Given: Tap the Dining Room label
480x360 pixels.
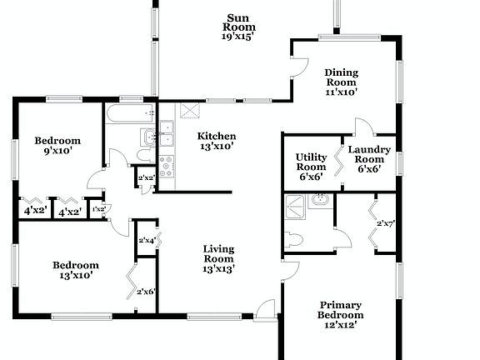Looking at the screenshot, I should (341, 82).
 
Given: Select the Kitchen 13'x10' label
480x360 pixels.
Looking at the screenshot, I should (216, 141).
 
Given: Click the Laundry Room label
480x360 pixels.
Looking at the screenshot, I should (365, 159).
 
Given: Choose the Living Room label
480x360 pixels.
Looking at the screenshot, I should (218, 258).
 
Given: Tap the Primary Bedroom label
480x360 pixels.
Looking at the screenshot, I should (340, 311).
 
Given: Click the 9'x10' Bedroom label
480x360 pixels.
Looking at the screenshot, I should (57, 145).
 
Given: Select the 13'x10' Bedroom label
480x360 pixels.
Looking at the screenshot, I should (76, 270).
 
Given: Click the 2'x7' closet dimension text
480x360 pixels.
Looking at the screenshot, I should (385, 223).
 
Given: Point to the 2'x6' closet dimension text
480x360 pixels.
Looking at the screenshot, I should (146, 291).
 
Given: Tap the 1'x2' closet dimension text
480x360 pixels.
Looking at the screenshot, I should (98, 209).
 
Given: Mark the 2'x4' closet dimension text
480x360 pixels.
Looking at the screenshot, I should (146, 241).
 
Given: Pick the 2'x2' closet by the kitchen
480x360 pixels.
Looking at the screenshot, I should (146, 177).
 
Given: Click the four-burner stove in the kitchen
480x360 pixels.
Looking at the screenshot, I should (167, 165).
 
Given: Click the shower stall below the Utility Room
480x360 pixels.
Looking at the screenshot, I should (295, 208).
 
